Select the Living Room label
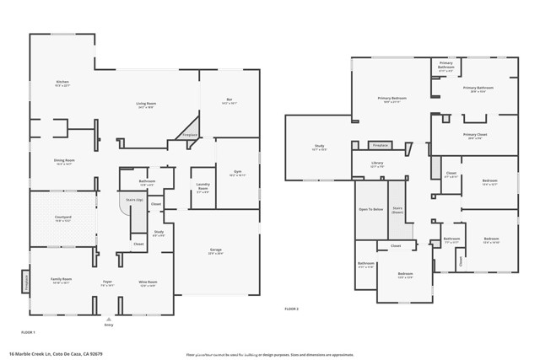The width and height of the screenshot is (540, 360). pyautogui.click(x=147, y=105)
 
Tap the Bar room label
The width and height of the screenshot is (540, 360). pyautogui.click(x=229, y=100)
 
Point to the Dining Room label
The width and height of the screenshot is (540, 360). pyautogui.click(x=65, y=162)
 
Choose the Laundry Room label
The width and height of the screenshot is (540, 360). pyautogui.click(x=203, y=186)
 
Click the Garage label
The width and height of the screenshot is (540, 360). pyautogui.click(x=216, y=251)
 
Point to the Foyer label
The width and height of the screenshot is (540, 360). pyautogui.click(x=108, y=283)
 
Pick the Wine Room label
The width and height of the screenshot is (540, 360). pyautogui.click(x=147, y=283)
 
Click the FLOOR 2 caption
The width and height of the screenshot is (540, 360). pyautogui.click(x=292, y=309)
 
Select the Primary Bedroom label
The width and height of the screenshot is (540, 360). pyautogui.click(x=391, y=99)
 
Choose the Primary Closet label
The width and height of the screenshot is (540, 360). pyautogui.click(x=475, y=136)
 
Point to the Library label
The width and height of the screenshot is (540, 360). pyautogui.click(x=377, y=165)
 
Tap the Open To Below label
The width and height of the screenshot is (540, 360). pyautogui.click(x=370, y=208)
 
